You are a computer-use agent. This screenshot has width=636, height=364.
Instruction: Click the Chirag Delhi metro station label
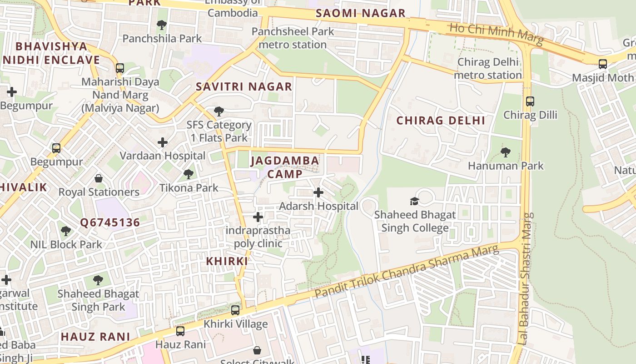point(489,68)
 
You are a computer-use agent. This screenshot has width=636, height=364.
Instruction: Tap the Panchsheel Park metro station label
point(293,38)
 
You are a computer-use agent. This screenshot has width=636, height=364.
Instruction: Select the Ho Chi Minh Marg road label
point(496,34)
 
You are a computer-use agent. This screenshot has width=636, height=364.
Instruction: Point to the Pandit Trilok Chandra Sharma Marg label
point(407,272)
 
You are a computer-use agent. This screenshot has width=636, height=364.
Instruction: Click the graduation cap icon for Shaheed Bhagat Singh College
point(414,201)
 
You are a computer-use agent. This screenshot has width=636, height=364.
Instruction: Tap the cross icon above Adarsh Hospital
point(318,192)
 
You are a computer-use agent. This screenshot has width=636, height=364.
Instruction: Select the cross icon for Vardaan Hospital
point(163,142)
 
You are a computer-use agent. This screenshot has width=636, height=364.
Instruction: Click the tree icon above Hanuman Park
point(505,152)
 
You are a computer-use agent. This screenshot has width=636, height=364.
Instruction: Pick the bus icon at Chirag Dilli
point(530,101)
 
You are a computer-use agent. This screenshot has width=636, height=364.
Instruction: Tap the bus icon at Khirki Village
point(235,310)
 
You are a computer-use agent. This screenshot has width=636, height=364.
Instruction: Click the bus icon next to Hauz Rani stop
point(180,331)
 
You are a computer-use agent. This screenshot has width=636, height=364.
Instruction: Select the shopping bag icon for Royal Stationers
point(99,178)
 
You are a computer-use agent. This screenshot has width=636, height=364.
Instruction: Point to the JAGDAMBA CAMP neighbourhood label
point(285,167)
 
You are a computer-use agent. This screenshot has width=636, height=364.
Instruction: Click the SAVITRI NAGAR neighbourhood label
point(244,86)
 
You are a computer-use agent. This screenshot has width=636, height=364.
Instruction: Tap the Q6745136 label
point(110,222)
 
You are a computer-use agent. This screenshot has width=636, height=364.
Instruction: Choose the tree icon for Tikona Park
point(188,174)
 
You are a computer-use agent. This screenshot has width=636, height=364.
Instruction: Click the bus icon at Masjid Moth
point(602,64)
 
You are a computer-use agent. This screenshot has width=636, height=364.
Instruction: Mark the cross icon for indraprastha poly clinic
point(258,217)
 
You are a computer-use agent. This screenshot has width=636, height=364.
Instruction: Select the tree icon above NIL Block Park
point(66,231)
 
